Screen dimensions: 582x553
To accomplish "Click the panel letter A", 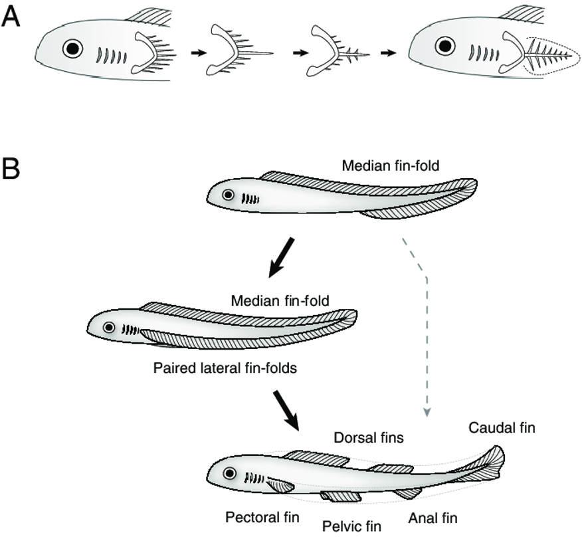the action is (x=11, y=17).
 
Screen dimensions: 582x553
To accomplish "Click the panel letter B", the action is (x=11, y=169).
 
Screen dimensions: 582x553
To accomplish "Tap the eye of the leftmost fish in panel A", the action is (x=72, y=49).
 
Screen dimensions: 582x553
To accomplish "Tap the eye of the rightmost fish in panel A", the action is (x=445, y=47).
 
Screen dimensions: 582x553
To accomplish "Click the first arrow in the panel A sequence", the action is (x=199, y=53).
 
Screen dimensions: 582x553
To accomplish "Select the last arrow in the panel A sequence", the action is (x=388, y=53).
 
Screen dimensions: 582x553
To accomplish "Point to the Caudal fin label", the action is (x=502, y=427).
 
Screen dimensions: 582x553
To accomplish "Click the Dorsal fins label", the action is (x=369, y=437).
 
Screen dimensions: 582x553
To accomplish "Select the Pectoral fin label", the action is (x=262, y=517).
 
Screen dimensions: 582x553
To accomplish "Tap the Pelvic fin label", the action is (x=351, y=526).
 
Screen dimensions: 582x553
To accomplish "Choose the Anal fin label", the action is (x=433, y=518).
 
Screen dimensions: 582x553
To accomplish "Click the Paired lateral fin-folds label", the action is (x=225, y=368).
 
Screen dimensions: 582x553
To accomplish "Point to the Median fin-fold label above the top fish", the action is (x=391, y=166).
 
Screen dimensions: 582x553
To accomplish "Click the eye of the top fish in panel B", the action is (x=228, y=195).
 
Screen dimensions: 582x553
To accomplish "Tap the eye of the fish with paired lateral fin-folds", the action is (x=109, y=327).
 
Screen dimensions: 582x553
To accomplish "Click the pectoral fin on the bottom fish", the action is (x=280, y=485).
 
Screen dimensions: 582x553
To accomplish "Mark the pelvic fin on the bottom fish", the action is (x=341, y=497).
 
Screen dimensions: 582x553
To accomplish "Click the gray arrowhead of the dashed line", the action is (x=427, y=412).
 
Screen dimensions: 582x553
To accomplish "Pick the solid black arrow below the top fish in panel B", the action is (x=281, y=258).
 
